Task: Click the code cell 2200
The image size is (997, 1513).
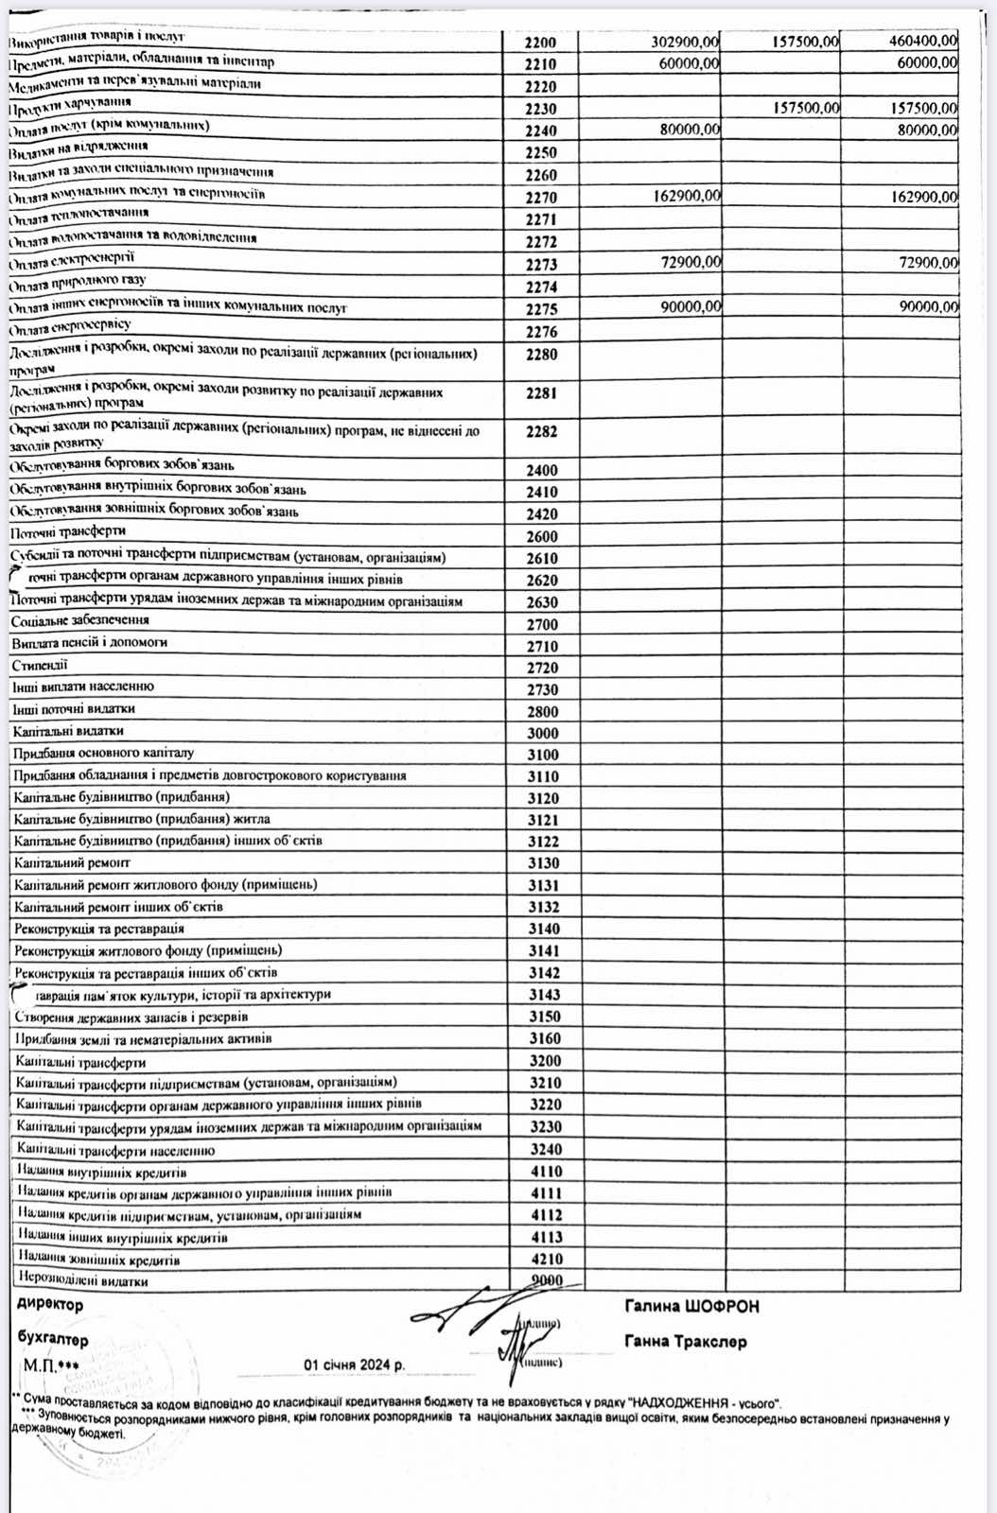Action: (542, 43)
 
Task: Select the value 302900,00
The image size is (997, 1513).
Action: (686, 42)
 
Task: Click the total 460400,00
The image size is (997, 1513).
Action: (923, 41)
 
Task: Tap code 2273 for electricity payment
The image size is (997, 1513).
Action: (542, 265)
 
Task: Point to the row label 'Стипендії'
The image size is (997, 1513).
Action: (40, 665)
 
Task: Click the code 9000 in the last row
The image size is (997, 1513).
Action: (546, 1281)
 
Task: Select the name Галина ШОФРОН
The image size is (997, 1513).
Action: (691, 1307)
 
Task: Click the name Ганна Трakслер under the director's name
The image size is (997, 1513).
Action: (686, 1342)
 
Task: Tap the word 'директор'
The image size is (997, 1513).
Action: (50, 1305)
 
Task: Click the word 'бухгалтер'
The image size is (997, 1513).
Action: (53, 1339)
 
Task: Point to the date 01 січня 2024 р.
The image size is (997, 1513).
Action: (354, 1365)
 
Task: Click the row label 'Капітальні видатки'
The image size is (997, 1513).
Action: (69, 731)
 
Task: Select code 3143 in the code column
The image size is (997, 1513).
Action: (544, 995)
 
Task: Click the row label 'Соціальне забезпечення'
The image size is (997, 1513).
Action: (80, 620)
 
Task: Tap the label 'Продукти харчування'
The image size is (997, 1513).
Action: (70, 104)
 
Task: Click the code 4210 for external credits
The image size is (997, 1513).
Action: (545, 1260)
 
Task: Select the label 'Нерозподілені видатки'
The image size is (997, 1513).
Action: (83, 1281)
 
